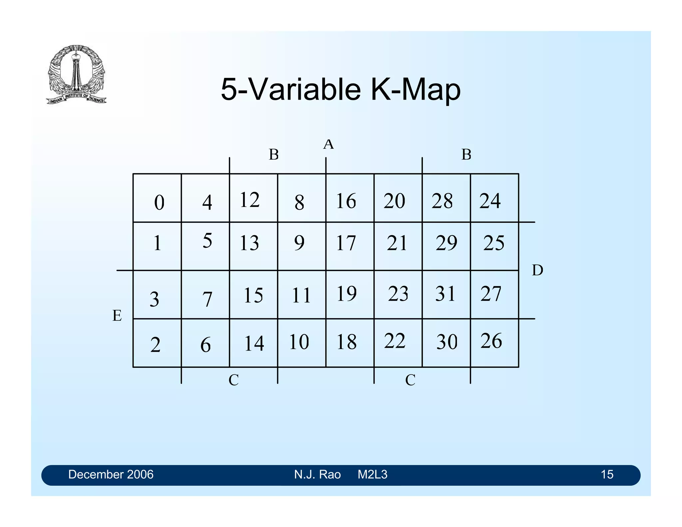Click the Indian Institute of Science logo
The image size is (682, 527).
[x=76, y=74]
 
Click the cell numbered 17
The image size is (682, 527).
[x=350, y=246]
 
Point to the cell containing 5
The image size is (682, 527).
[x=205, y=246]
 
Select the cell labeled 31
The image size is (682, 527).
[x=446, y=294]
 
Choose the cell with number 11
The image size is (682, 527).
[x=301, y=294]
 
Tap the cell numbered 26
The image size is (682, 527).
[x=494, y=342]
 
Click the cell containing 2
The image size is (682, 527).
[x=157, y=343]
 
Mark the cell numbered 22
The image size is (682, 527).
[x=398, y=342]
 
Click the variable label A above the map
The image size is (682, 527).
[x=328, y=145]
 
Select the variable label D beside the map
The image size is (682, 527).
[x=537, y=270]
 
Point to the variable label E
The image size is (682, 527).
[x=117, y=315]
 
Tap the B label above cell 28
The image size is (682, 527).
[x=466, y=155]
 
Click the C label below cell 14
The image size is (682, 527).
[x=233, y=380]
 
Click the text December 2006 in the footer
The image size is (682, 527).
[x=111, y=474]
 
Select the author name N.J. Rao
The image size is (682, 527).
[x=317, y=474]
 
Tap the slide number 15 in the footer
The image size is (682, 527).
[x=607, y=474]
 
